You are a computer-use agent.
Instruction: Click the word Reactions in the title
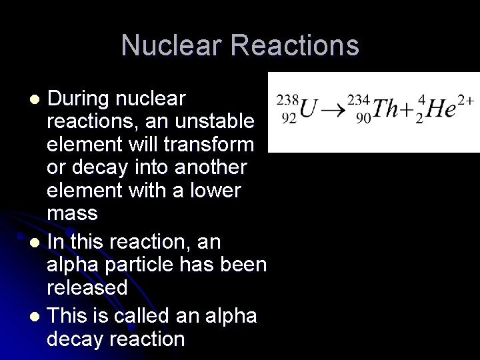tap(297, 46)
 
